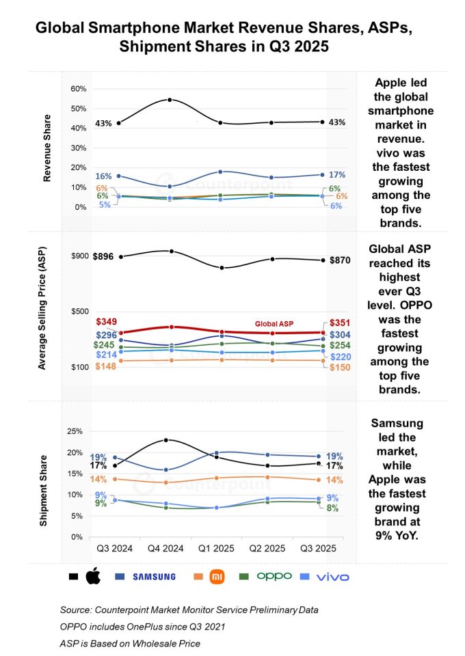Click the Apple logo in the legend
pos(93,577)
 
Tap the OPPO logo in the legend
pos(274,576)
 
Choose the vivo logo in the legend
pos(332,577)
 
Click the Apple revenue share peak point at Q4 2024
pos(170,100)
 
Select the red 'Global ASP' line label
pos(274,323)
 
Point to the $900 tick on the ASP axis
pos(79,256)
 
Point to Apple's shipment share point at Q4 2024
pos(166,440)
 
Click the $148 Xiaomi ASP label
pos(106,366)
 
